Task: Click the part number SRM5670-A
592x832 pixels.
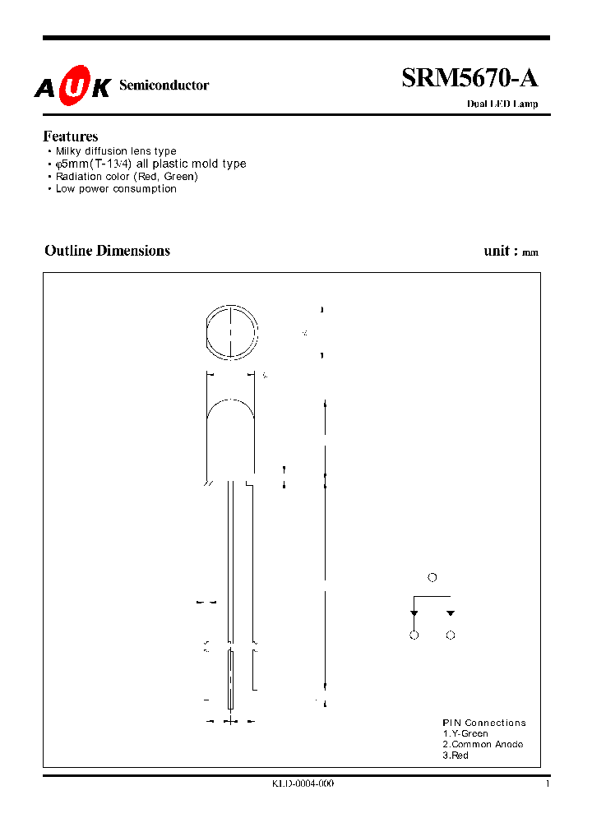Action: tap(469, 78)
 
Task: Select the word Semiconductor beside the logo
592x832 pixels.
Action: tap(164, 86)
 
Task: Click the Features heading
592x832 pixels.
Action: tap(71, 136)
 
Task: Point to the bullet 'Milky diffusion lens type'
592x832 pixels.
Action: tap(116, 151)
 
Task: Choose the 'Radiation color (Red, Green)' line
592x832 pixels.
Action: tap(127, 176)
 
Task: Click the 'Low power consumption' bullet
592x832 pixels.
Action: tap(116, 188)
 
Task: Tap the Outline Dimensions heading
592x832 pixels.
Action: tap(107, 251)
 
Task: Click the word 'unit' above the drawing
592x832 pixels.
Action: tap(497, 251)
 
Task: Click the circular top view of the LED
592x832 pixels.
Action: tap(231, 332)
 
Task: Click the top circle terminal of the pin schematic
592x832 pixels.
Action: tap(432, 577)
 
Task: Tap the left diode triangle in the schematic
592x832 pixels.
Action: tap(414, 613)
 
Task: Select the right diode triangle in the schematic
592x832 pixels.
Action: tap(451, 613)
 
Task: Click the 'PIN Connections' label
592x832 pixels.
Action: tap(484, 723)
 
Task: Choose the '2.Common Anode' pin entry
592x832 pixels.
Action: tap(483, 744)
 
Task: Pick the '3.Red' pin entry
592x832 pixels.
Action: tap(456, 755)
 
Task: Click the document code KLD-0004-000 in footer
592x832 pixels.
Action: tap(303, 783)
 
